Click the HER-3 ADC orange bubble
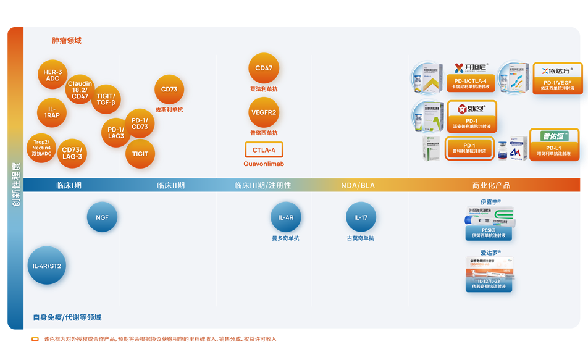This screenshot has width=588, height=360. pos(52,75)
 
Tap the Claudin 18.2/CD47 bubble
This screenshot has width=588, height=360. pos(80,90)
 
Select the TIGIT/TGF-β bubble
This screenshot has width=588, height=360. pos(106,99)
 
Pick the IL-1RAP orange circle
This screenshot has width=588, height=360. pos(52,112)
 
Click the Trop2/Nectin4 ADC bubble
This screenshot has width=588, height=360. pos(41,148)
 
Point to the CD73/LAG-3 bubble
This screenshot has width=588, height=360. pos(72,153)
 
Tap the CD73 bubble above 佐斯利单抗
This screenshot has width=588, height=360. pos(169,90)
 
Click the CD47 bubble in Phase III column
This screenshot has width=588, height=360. pos(264,69)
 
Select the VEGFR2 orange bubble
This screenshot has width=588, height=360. pos(264,112)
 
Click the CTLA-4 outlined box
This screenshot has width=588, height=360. pos(264,150)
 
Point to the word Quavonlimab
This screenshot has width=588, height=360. pos(264,164)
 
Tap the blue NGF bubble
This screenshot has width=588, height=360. pos(102,217)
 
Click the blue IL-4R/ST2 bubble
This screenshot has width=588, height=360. pos(47,266)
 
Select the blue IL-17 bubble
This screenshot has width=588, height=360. pos(361,217)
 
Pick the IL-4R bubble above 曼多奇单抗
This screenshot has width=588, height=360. pos(286,217)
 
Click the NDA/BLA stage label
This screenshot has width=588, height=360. pos(358,185)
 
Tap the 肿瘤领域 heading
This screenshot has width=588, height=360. pos(67,41)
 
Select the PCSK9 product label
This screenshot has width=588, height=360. pos(489,233)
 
